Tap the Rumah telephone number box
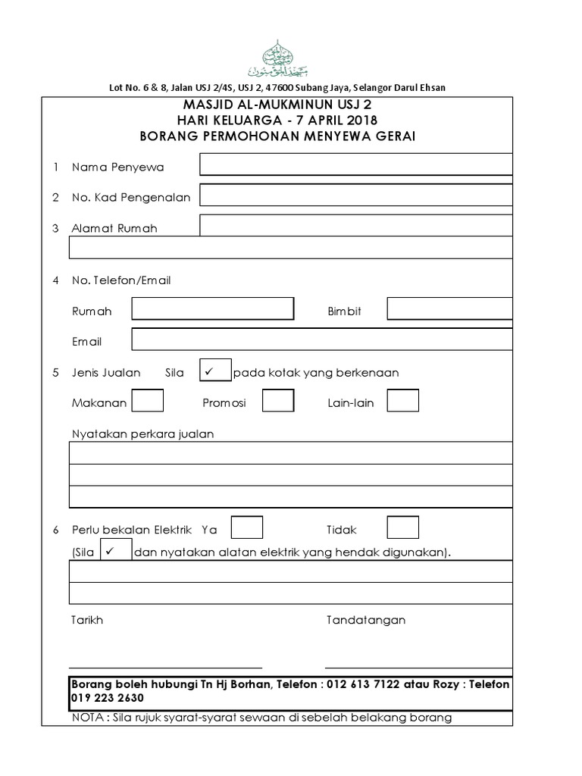pyautogui.click(x=212, y=309)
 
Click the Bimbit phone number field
pyautogui.click(x=449, y=309)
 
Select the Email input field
pyautogui.click(x=322, y=339)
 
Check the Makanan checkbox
pyautogui.click(x=148, y=401)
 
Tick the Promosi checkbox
pyautogui.click(x=278, y=401)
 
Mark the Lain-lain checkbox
pyautogui.click(x=403, y=401)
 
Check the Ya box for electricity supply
pyautogui.click(x=247, y=527)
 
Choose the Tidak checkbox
pyautogui.click(x=402, y=527)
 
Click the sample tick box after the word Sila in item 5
pyautogui.click(x=215, y=371)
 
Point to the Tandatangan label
pyautogui.click(x=365, y=620)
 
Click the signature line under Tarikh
pyautogui.click(x=165, y=667)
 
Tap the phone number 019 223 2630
pyautogui.click(x=108, y=697)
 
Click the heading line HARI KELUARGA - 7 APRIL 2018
pyautogui.click(x=277, y=120)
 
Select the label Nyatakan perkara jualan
pyautogui.click(x=142, y=434)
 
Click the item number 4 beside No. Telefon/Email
pyautogui.click(x=55, y=280)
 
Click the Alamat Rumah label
pyautogui.click(x=114, y=228)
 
